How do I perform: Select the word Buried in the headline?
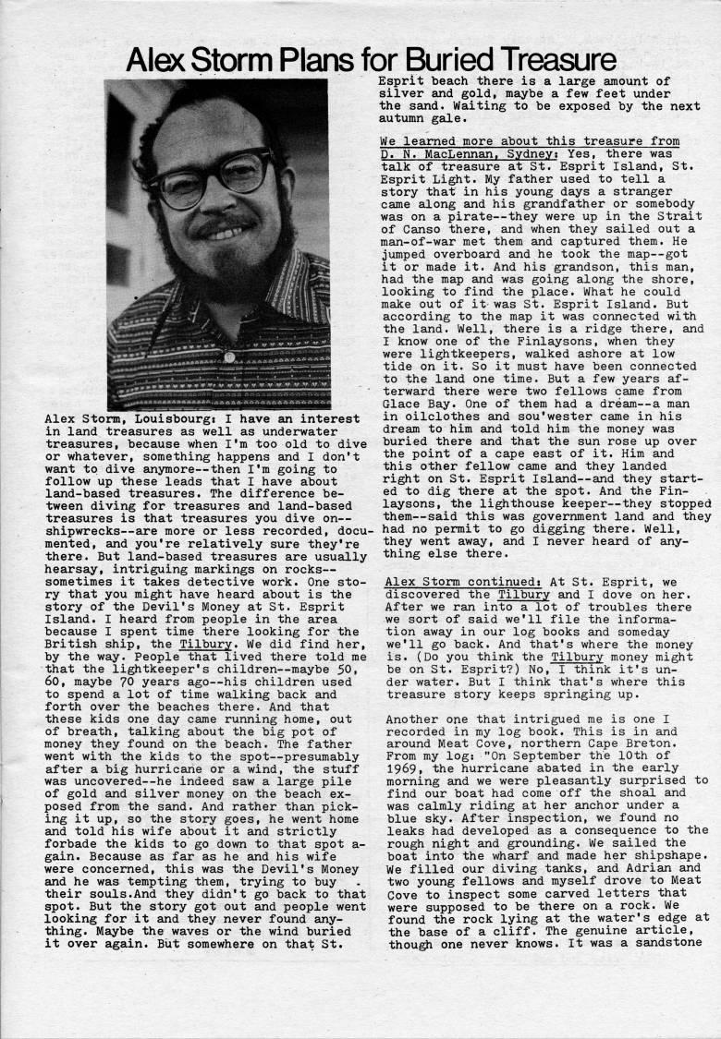coord(419,61)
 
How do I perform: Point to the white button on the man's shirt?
coord(229,356)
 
